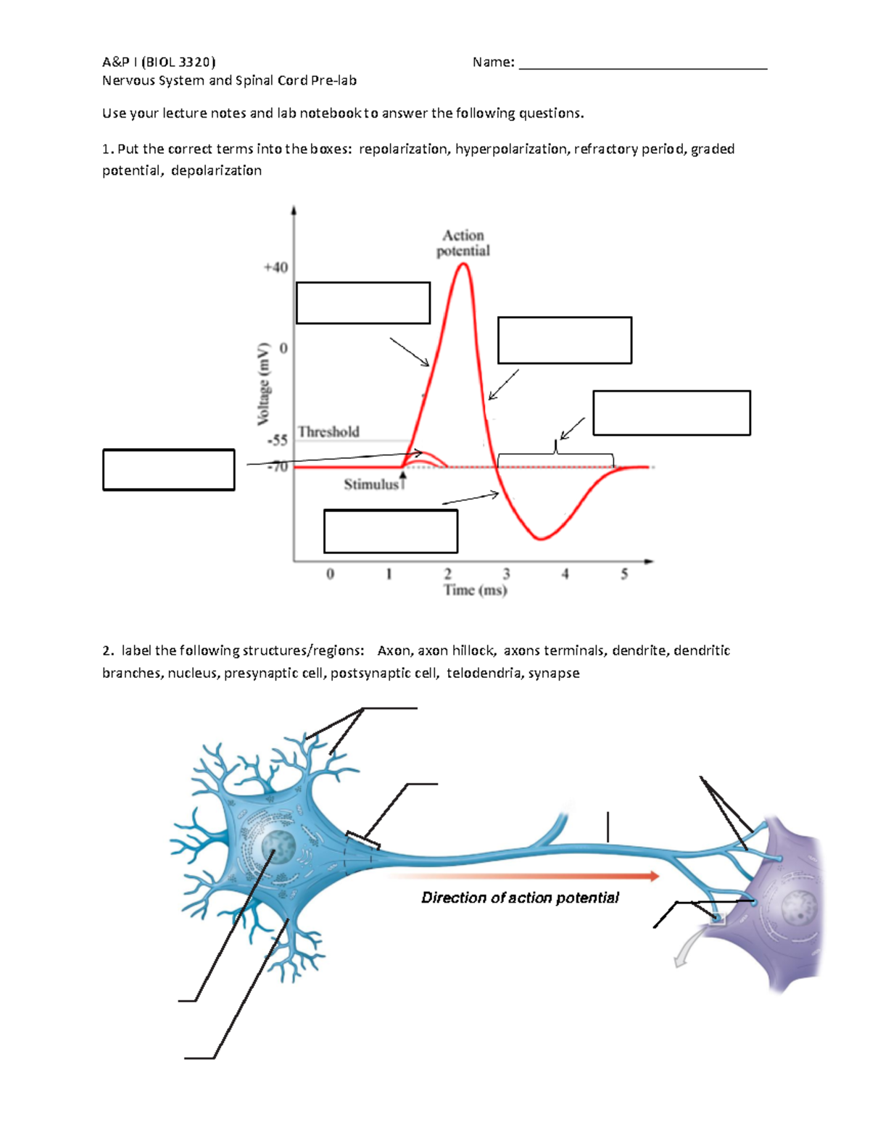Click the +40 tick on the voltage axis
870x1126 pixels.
[x=275, y=268]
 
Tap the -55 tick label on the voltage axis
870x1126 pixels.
[x=277, y=440]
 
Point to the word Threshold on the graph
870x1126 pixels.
[x=328, y=432]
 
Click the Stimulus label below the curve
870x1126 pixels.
[x=371, y=484]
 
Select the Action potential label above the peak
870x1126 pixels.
[x=463, y=243]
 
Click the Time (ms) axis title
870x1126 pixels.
[x=476, y=590]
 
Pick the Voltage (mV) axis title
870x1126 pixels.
[x=264, y=384]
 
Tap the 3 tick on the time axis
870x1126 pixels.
[x=506, y=574]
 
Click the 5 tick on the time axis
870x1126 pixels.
[x=624, y=574]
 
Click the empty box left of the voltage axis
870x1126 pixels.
[x=169, y=470]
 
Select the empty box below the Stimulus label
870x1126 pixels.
[x=391, y=531]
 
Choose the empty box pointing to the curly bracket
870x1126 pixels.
[x=671, y=413]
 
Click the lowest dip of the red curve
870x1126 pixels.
[x=540, y=539]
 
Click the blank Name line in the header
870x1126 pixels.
[x=643, y=63]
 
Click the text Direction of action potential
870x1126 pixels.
[x=520, y=898]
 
